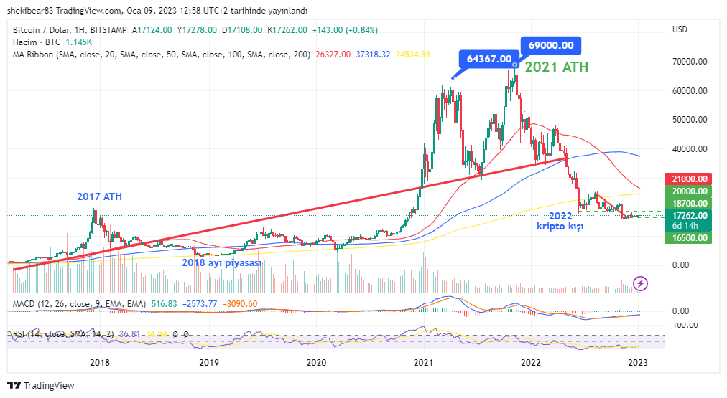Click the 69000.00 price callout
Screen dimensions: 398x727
tap(550, 45)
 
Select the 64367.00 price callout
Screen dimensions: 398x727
tap(488, 59)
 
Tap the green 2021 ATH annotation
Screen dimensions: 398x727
tap(556, 67)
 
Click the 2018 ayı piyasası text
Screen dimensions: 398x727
tap(221, 262)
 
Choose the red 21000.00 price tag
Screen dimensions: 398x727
tap(690, 179)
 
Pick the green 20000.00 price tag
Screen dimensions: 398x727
tap(690, 191)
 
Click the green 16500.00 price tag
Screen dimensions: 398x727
tap(690, 237)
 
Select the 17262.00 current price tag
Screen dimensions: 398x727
tap(690, 215)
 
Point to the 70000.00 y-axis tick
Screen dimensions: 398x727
tap(690, 62)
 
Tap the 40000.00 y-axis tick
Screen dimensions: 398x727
tap(690, 149)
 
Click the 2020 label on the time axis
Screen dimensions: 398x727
tap(316, 363)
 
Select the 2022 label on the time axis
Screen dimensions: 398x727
tap(531, 363)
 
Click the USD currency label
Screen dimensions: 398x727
tap(680, 29)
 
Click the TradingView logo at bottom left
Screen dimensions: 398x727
tap(43, 385)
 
